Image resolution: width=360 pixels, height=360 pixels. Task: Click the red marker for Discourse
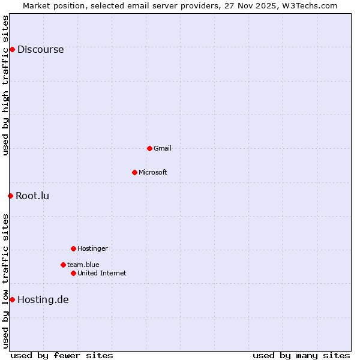click(x=12, y=49)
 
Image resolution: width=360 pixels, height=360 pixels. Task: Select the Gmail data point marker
click(x=149, y=148)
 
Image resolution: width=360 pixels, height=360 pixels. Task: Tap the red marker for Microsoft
click(x=134, y=172)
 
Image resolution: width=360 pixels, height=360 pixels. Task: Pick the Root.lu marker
click(x=10, y=196)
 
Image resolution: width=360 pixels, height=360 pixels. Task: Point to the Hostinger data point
click(x=73, y=248)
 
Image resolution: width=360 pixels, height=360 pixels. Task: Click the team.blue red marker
click(x=63, y=265)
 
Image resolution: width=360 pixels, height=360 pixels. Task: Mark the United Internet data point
click(x=73, y=273)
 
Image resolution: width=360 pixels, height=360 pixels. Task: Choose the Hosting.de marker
click(x=12, y=299)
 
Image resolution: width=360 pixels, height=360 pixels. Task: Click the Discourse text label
click(x=40, y=50)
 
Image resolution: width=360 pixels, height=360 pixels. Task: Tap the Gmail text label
click(x=162, y=148)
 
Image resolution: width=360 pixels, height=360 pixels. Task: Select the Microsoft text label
click(x=152, y=172)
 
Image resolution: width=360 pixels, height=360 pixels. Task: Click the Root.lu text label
click(x=32, y=196)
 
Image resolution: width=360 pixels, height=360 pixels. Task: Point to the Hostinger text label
click(x=92, y=248)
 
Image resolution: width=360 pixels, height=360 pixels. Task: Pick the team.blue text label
click(x=83, y=265)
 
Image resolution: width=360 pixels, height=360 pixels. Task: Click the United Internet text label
click(x=101, y=273)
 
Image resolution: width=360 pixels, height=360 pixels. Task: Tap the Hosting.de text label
click(x=43, y=300)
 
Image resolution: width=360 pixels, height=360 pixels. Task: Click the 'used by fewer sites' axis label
click(x=62, y=355)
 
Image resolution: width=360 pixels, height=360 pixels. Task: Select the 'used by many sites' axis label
click(x=301, y=355)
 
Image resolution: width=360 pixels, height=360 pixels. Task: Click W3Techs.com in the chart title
click(x=309, y=6)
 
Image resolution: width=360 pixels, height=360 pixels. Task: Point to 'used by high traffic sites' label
click(x=6, y=85)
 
